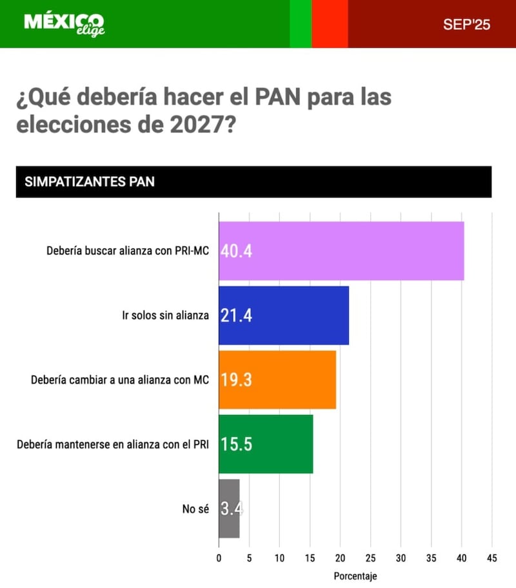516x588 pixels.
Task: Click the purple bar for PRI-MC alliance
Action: pos(341,251)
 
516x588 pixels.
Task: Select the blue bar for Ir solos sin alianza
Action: pos(284,316)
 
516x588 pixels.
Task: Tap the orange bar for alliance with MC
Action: pos(277,380)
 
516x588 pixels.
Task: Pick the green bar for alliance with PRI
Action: pos(266,444)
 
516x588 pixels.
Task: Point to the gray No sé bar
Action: pos(229,509)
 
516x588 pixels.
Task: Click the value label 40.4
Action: pos(236,251)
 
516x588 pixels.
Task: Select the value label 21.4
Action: pos(236,316)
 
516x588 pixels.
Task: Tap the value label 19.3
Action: pos(236,380)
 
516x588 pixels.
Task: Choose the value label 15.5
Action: pos(236,444)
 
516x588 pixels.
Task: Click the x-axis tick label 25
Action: pos(371,557)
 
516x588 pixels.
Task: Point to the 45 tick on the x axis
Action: pos(492,557)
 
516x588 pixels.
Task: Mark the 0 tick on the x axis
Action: pos(219,557)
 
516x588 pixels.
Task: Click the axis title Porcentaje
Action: pos(355,575)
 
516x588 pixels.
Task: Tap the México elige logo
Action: pos(64,24)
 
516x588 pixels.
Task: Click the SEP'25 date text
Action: pos(466,25)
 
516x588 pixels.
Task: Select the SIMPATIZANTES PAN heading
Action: pos(90,182)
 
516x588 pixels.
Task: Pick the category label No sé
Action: pos(195,509)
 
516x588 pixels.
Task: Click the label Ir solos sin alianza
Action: pos(166,316)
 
